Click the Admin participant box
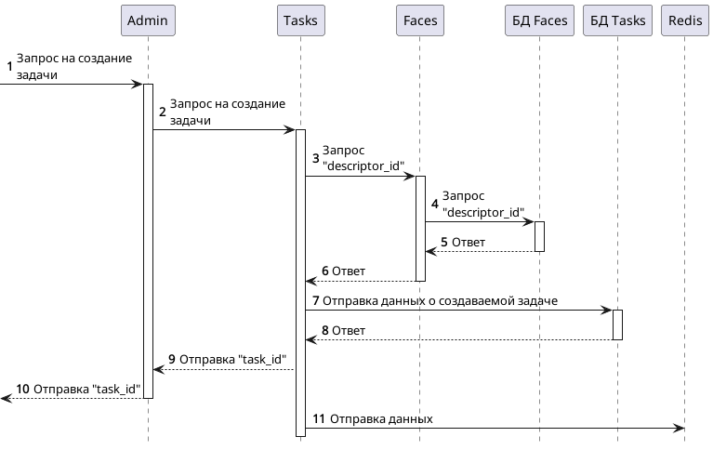pos(148,20)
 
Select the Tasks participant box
pos(299,20)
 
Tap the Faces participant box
pos(419,20)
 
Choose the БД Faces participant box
pos(538,20)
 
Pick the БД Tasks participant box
pos(616,20)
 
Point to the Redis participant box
pos(685,20)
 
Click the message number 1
pos(10,66)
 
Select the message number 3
pos(316,157)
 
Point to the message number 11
pos(318,419)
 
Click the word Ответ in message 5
pos(469,243)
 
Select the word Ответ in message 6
pos(349,271)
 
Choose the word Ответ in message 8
pos(349,331)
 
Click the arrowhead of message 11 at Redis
pos(680,428)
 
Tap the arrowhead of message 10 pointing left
pos(5,398)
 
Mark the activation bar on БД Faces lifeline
pos(539,236)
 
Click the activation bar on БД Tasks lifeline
pos(617,324)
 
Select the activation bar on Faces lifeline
pos(420,228)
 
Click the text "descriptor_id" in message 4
pos(483,212)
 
